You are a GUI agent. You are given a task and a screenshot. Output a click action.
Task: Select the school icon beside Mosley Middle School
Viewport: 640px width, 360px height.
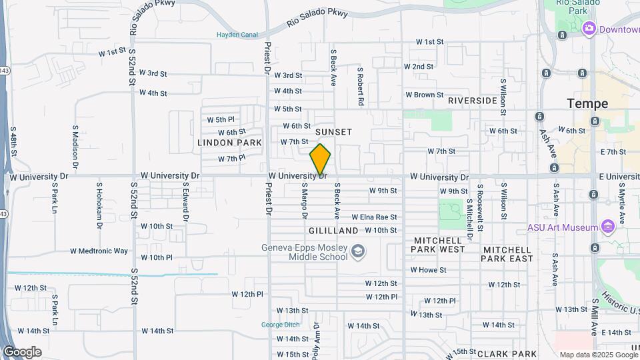(x=358, y=251)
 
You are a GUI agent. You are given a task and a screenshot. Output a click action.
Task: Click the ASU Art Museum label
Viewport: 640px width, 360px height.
(x=563, y=227)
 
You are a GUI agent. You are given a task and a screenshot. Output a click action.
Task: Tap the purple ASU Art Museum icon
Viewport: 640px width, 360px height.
(x=607, y=227)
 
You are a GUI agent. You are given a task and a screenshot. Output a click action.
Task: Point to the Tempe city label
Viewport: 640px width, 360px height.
(x=587, y=104)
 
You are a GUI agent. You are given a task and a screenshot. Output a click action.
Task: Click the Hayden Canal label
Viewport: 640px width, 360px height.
(x=237, y=35)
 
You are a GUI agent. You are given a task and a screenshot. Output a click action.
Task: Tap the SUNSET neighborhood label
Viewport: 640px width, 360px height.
(x=333, y=132)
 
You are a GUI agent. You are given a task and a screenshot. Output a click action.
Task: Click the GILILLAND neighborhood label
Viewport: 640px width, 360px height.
(x=333, y=231)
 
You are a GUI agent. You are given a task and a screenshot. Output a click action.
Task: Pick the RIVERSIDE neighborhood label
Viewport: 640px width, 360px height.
(x=473, y=101)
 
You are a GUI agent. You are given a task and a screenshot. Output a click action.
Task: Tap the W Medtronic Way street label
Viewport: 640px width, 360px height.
(x=99, y=251)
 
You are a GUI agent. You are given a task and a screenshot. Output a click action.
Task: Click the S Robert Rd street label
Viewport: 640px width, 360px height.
(x=360, y=87)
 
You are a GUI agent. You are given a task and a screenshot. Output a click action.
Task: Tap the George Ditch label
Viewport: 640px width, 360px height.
(x=278, y=325)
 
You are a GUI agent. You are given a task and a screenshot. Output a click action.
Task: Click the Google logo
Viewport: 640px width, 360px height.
(x=22, y=351)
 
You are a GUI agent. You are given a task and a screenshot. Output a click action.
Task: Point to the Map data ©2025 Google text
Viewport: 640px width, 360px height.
(x=597, y=355)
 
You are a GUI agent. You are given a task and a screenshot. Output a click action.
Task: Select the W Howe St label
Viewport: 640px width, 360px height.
(x=428, y=270)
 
